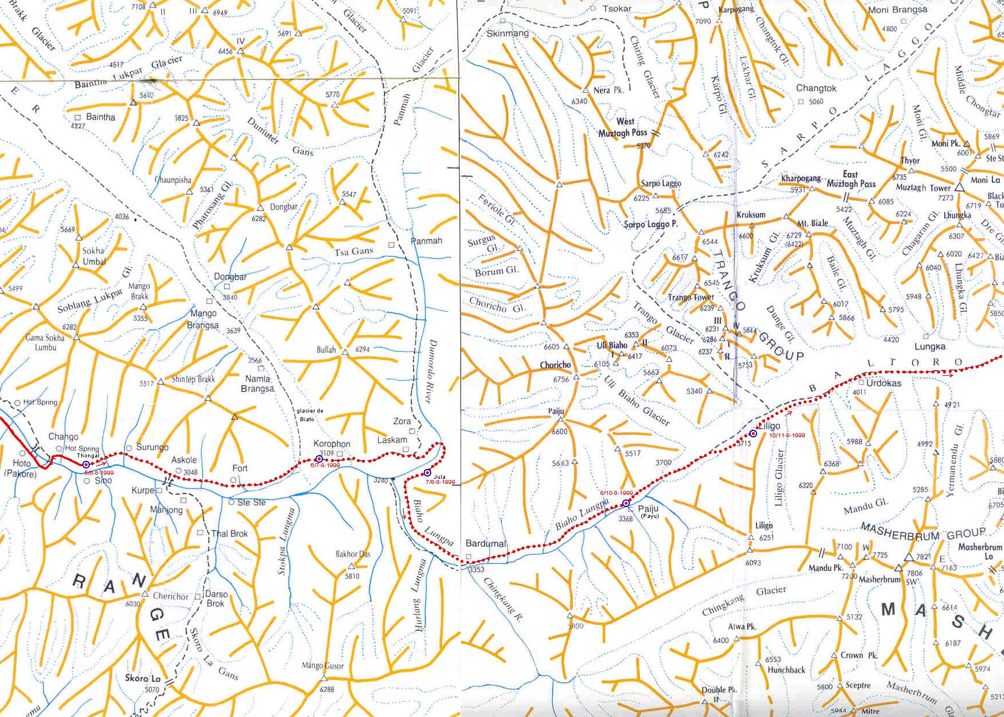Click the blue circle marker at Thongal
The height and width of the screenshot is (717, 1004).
[x=86, y=464]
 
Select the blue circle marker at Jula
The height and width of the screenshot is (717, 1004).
[x=427, y=472]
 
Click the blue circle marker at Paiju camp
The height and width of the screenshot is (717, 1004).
[x=626, y=504]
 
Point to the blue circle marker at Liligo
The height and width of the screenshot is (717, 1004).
[x=753, y=433]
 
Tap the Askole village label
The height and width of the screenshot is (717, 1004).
[x=184, y=460]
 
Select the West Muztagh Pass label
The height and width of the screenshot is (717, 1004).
[x=623, y=127]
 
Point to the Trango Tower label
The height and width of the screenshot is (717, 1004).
[x=691, y=298]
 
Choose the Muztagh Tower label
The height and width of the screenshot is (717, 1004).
[x=923, y=188]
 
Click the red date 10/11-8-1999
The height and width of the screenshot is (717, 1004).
[x=787, y=436]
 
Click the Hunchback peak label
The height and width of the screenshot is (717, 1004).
[x=786, y=670]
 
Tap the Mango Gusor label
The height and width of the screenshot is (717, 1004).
[x=322, y=666]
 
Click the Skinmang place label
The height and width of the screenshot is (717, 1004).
[x=507, y=33]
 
